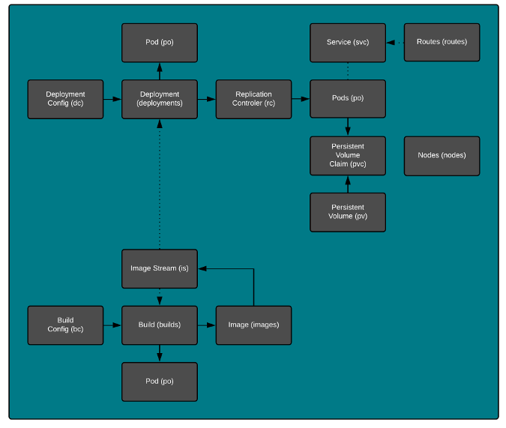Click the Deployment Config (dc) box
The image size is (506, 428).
tap(65, 99)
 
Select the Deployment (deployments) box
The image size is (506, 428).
tap(160, 99)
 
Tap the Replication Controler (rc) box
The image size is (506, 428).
tap(253, 99)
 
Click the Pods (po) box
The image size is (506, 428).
tap(348, 99)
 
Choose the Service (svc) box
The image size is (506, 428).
tap(348, 42)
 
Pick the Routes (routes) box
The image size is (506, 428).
tap(442, 42)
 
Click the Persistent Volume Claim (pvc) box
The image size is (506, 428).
tap(348, 155)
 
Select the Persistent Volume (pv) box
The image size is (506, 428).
tap(348, 212)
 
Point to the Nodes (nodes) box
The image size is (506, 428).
tap(442, 155)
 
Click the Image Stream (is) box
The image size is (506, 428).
tap(160, 268)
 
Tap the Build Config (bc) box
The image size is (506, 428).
tap(65, 325)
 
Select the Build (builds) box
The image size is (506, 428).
tap(160, 325)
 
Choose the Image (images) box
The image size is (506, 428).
tap(253, 325)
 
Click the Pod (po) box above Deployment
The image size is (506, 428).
tap(160, 42)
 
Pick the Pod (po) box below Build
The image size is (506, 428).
tap(160, 382)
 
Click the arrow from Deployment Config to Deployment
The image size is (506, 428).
tap(112, 99)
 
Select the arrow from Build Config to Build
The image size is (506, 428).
tap(112, 325)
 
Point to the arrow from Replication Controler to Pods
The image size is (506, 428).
tap(301, 99)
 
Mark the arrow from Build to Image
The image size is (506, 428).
tap(207, 325)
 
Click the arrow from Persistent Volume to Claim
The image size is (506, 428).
tap(348, 184)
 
